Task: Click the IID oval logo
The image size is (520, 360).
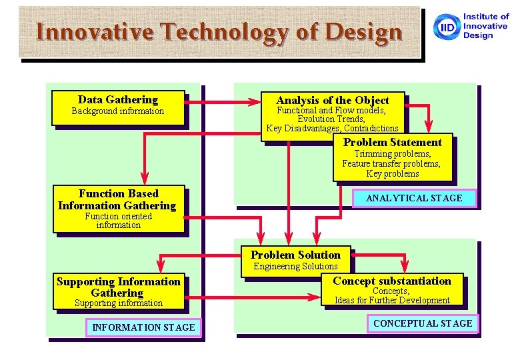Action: (x=445, y=27)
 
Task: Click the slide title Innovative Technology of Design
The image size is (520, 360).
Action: (x=219, y=31)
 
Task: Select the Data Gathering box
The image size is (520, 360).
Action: (x=118, y=107)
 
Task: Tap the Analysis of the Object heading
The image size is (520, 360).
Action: (x=332, y=100)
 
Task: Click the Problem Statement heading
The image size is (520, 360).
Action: (x=392, y=142)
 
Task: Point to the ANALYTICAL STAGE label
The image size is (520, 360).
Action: (x=414, y=198)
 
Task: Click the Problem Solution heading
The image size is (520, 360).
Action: (x=295, y=255)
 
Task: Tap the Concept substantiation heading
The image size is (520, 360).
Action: (x=392, y=281)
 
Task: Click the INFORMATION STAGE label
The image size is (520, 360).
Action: (x=143, y=327)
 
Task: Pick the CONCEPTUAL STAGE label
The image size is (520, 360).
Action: (x=423, y=323)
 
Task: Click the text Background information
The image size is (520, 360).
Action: (x=118, y=111)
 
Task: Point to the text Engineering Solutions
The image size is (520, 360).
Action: (x=295, y=266)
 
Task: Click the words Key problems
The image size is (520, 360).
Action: (x=392, y=174)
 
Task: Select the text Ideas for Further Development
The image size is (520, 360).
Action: (x=392, y=300)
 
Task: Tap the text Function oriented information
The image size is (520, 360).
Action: (x=118, y=221)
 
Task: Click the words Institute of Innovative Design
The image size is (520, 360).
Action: (x=486, y=26)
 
